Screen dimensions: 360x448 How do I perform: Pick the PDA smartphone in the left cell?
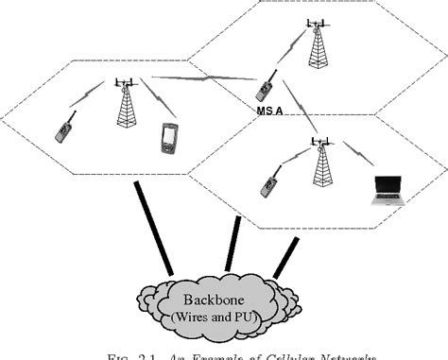(x=168, y=138)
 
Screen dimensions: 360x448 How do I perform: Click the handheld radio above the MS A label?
(x=266, y=87)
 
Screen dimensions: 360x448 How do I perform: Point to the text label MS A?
(x=270, y=111)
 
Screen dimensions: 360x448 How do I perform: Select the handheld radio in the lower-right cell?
(x=268, y=182)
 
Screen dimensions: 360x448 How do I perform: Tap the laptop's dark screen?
(x=388, y=185)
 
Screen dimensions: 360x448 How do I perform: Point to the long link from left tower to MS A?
(x=198, y=80)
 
